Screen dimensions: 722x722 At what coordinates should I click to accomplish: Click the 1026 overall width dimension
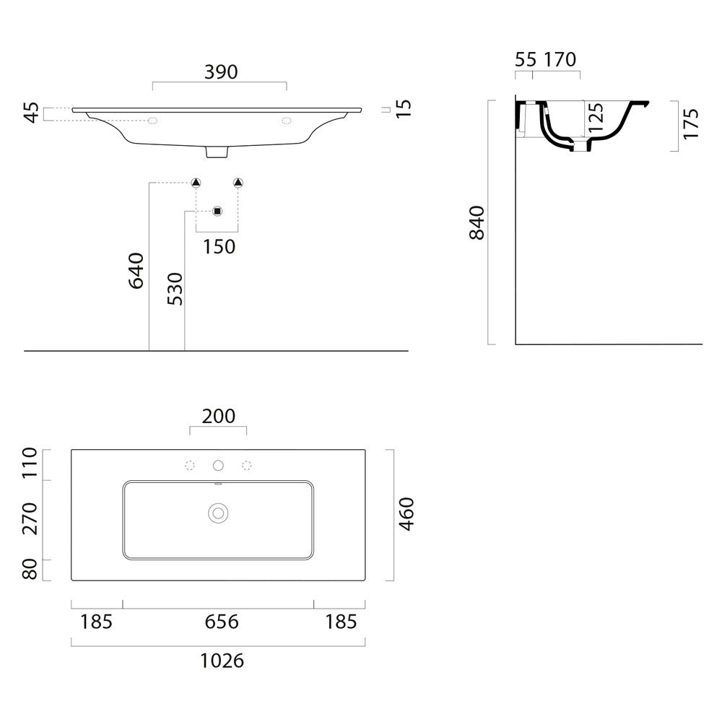click(222, 661)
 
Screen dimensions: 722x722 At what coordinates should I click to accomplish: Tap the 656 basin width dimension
click(222, 622)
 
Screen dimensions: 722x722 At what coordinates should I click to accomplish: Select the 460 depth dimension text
click(406, 514)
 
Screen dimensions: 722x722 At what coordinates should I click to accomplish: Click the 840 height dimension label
click(477, 223)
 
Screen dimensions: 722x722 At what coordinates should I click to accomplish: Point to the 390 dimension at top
click(221, 71)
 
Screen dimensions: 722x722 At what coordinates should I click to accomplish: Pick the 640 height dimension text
click(136, 270)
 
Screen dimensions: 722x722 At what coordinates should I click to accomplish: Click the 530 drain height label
click(175, 289)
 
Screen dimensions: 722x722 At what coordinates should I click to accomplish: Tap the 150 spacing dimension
click(219, 247)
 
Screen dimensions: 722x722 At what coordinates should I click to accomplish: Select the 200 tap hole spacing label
click(219, 417)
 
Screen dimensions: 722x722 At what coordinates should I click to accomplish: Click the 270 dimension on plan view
click(30, 518)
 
